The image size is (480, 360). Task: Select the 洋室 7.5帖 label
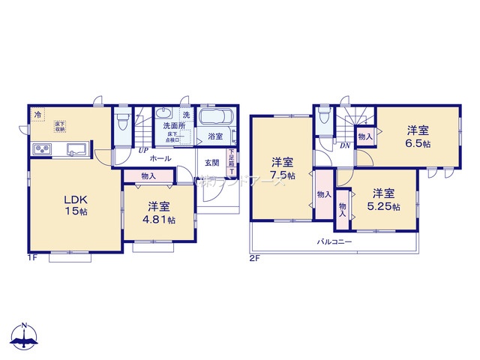click(x=283, y=168)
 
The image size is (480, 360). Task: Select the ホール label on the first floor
click(x=160, y=159)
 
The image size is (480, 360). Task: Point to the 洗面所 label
click(x=175, y=126)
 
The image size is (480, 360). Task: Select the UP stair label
click(x=141, y=150)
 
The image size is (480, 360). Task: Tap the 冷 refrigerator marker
click(x=37, y=115)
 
